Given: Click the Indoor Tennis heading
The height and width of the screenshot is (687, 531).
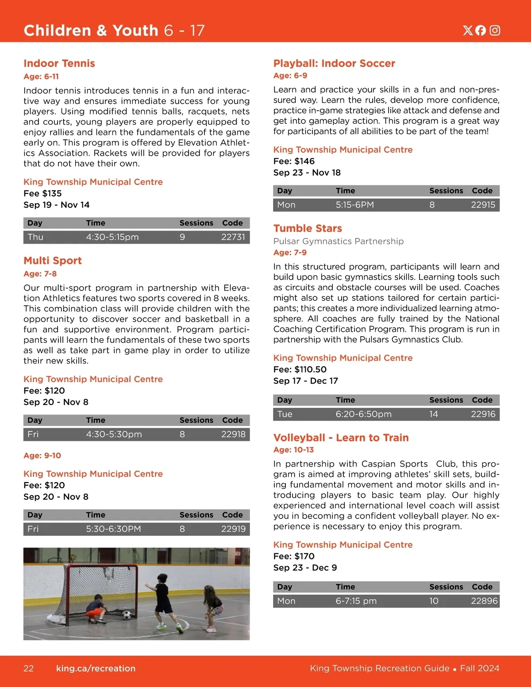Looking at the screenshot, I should (59, 63).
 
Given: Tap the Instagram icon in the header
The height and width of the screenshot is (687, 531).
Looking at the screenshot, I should (495, 30).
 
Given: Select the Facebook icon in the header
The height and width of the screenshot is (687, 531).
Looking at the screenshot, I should (481, 30).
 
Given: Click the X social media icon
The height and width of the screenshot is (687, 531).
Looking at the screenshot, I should (468, 30).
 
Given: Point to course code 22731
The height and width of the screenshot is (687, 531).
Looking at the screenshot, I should (233, 237).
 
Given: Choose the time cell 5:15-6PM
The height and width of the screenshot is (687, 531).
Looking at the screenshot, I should (354, 205).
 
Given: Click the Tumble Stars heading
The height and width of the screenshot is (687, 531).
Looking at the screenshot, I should (308, 228).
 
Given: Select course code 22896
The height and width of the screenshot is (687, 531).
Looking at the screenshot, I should (484, 601).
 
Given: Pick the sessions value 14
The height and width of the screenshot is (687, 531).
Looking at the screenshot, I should (433, 414).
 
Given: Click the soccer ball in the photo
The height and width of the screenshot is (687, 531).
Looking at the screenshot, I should (127, 614).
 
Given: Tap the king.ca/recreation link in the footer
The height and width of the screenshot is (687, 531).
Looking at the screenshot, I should (96, 668).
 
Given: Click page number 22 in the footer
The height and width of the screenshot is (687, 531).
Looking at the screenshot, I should (28, 668).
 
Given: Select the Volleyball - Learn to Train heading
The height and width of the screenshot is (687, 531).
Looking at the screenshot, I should (341, 438).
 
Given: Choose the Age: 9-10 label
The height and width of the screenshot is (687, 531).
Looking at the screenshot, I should (42, 456).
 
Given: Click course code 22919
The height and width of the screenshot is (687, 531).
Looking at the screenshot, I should (233, 529).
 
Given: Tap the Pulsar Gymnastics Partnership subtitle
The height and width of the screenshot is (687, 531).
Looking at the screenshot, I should (338, 241).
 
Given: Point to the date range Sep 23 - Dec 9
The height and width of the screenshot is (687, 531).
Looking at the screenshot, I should (305, 568).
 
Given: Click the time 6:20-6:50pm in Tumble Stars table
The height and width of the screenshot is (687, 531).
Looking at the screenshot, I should (363, 414).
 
